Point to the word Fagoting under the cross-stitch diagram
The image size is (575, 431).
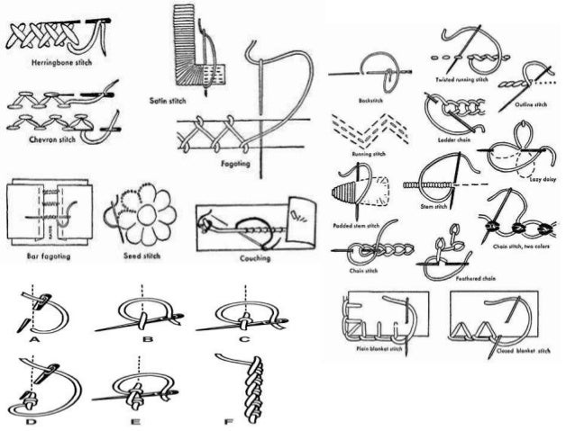click(x=233, y=165)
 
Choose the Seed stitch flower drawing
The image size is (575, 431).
click(x=142, y=217)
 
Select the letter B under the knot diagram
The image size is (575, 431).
click(x=148, y=338)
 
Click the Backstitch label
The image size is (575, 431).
click(x=370, y=100)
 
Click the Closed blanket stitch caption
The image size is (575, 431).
click(x=516, y=352)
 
